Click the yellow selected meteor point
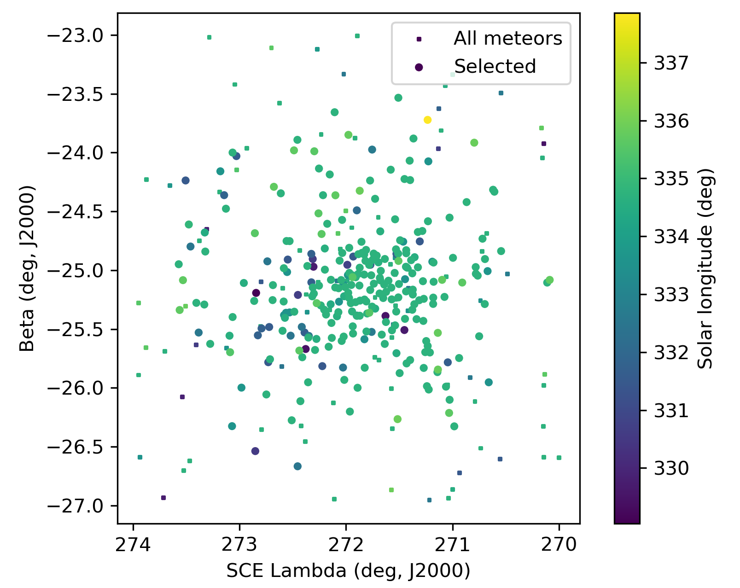click(427, 120)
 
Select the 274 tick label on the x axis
click(134, 545)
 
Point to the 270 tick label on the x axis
click(559, 545)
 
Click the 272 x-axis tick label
click(346, 545)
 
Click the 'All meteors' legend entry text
click(508, 39)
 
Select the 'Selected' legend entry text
click(495, 67)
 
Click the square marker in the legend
click(419, 39)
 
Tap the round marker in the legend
click(419, 67)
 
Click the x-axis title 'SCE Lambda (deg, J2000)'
click(348, 571)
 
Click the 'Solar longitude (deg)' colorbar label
click(705, 268)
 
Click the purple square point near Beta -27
click(163, 498)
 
